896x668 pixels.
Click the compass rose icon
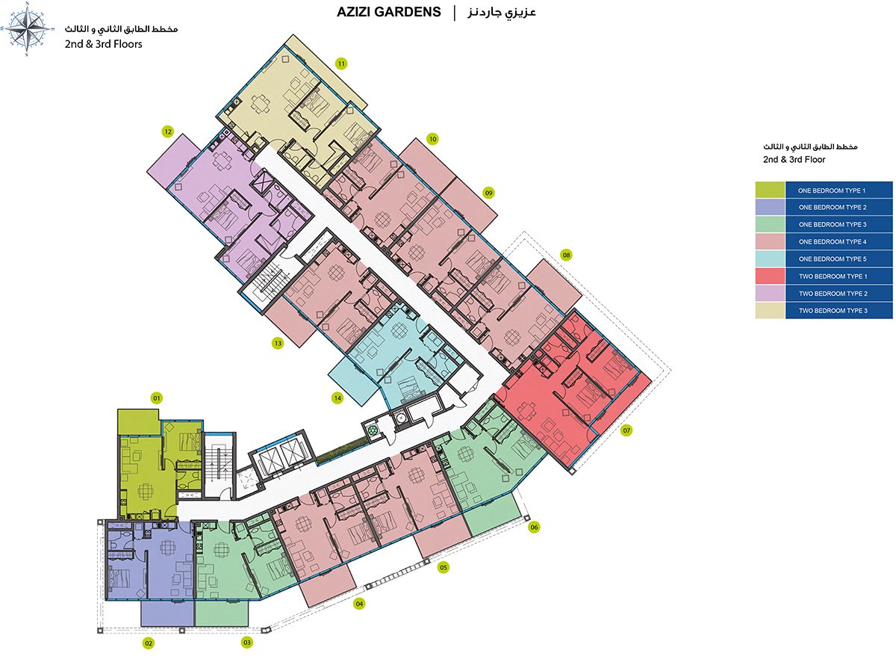27,29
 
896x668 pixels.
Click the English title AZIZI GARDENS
388,12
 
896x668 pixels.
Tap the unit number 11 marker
341,64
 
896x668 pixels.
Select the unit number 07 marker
626,430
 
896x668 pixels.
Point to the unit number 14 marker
337,398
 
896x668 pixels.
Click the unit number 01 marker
156,398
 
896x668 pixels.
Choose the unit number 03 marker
246,642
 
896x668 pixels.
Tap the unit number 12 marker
168,132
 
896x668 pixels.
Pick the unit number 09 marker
489,193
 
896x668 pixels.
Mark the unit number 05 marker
444,567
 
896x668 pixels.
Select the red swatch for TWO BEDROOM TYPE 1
770,276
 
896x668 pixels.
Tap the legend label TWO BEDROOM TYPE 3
833,311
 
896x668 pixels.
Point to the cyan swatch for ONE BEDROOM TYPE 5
770,259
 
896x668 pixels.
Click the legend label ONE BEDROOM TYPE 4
833,242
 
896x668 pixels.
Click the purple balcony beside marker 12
173,161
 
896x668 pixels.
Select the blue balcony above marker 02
167,613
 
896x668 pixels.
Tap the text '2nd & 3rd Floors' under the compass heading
104,44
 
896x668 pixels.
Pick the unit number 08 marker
567,255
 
